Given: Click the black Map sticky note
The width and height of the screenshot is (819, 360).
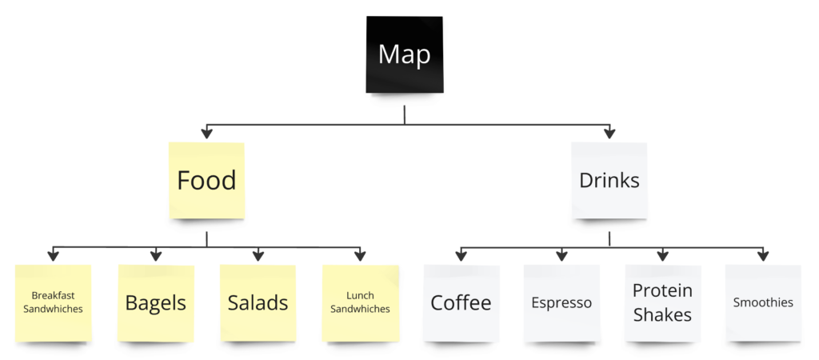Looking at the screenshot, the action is pos(404,54).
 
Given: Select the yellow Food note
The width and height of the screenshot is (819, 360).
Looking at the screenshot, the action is pos(207,181).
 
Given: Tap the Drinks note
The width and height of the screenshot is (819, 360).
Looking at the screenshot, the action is pos(609,181).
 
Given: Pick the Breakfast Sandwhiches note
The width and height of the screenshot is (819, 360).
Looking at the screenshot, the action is pos(53,303).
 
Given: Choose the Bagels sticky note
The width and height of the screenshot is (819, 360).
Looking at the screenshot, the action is pos(156,303).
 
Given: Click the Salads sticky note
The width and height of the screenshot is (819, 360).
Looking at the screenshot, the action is pos(258,303).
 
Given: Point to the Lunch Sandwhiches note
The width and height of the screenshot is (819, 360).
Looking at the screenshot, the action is pos(361,303).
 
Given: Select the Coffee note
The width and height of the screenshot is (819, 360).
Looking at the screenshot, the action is pos(461,303).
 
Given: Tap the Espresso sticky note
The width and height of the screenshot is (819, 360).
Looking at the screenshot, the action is pos(561,303).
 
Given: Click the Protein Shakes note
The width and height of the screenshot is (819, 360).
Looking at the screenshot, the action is pos(663,303).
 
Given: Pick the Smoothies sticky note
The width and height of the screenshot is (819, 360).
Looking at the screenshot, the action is pos(763,303).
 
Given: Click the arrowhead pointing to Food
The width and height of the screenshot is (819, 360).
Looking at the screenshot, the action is pos(207,133).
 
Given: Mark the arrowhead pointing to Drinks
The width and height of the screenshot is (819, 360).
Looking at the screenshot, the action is pos(609,133).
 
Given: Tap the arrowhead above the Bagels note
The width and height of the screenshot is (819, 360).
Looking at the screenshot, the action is pos(156,255).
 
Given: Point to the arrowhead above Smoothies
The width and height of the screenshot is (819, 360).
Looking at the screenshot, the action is pos(763,255).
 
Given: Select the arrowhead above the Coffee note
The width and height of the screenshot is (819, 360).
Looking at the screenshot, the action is pos(461,255).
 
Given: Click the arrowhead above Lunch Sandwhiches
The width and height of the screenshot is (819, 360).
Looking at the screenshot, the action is pos(360,255).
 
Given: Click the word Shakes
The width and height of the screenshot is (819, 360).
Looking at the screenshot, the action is pos(663,314).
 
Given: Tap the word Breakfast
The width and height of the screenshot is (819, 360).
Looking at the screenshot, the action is pos(53,296).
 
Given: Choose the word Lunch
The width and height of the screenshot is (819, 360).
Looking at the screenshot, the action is pos(361,296).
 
